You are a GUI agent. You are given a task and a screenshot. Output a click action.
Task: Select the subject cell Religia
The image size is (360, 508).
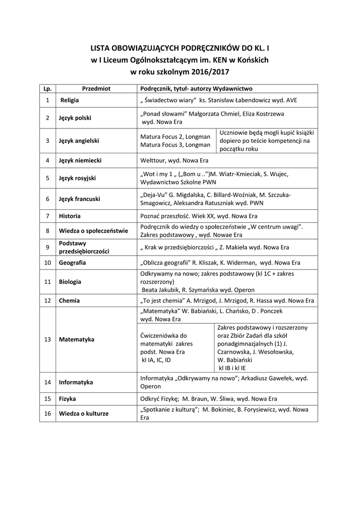[x=70, y=100]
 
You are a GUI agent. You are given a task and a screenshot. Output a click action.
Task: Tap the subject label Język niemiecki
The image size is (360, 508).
[x=80, y=160]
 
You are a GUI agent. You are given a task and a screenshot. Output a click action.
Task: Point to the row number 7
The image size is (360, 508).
[x=47, y=216]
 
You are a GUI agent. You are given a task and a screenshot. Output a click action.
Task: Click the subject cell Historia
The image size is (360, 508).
[x=70, y=216]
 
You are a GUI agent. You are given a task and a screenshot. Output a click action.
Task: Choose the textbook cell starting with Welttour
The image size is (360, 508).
[x=174, y=160]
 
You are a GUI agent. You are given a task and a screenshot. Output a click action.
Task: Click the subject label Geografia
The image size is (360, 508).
[x=72, y=262]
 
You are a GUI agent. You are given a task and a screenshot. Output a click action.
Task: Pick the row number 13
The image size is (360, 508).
[x=47, y=339]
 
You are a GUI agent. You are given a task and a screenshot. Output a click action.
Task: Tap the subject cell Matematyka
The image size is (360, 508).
[x=76, y=339]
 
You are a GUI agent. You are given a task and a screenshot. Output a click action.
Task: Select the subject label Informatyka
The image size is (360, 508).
[x=76, y=382]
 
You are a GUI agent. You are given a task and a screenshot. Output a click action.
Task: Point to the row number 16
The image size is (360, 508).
[x=47, y=414]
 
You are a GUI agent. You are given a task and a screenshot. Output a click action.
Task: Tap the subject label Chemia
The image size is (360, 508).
[x=70, y=300]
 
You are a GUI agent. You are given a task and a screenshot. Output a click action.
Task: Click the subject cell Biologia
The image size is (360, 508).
[x=70, y=281]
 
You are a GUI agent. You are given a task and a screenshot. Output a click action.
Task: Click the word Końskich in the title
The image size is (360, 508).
[x=253, y=60]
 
